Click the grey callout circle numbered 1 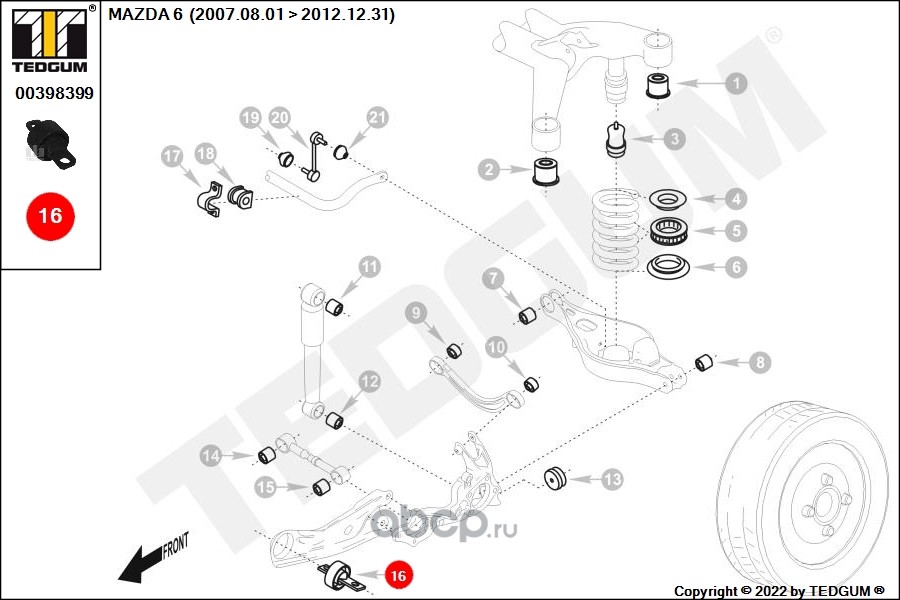[x=736, y=84]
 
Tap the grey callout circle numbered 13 [x=612, y=480]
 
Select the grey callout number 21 [x=376, y=118]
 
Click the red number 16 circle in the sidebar [x=50, y=215]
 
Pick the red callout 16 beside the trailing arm [x=398, y=575]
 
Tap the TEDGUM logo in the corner [x=50, y=39]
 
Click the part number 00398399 [x=54, y=93]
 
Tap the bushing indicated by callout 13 [x=556, y=478]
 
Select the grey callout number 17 [x=172, y=156]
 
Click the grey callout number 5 [x=736, y=231]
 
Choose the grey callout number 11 [x=370, y=267]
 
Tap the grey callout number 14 [x=211, y=456]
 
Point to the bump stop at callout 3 [x=615, y=140]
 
